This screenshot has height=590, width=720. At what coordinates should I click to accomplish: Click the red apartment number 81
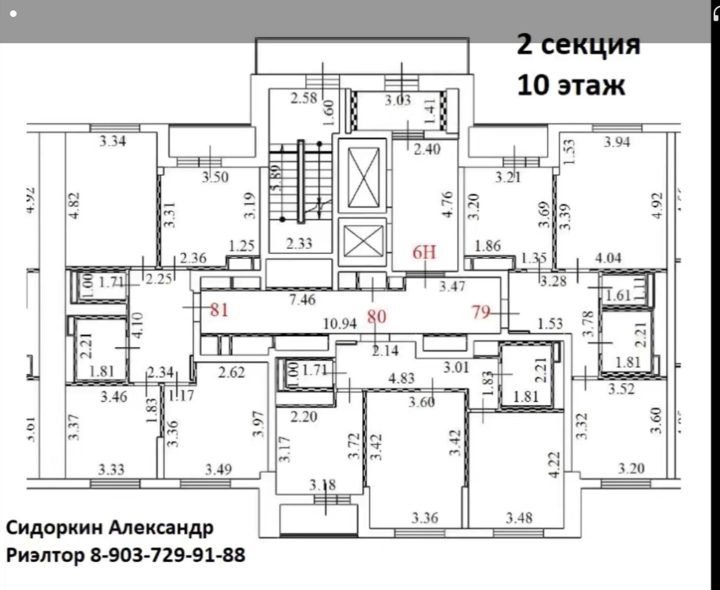219,309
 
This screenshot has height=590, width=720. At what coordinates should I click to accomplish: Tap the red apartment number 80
377,316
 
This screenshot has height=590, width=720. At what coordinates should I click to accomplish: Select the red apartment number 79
481,311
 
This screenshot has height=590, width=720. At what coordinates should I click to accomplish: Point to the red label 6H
424,252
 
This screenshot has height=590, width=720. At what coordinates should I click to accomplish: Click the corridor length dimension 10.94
340,324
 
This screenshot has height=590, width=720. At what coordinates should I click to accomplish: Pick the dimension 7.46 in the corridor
302,300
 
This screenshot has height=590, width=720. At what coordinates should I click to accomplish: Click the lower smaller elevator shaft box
363,240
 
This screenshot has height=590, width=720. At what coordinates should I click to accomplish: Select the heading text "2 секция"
578,44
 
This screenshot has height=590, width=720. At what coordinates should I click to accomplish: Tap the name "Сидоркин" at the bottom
54,528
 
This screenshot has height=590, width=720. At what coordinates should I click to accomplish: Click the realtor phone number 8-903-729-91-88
168,555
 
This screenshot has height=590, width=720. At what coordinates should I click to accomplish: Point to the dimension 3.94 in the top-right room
616,142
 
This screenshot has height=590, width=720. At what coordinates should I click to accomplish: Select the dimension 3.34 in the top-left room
112,141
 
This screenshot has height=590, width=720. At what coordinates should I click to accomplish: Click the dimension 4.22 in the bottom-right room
554,464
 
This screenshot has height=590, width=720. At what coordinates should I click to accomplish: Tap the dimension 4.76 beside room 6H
447,204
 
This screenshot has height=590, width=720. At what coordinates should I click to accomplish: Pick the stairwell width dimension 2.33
299,243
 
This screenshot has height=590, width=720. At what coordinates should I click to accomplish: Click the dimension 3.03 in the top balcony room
397,100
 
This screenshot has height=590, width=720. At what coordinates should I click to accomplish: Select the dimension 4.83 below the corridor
401,378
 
